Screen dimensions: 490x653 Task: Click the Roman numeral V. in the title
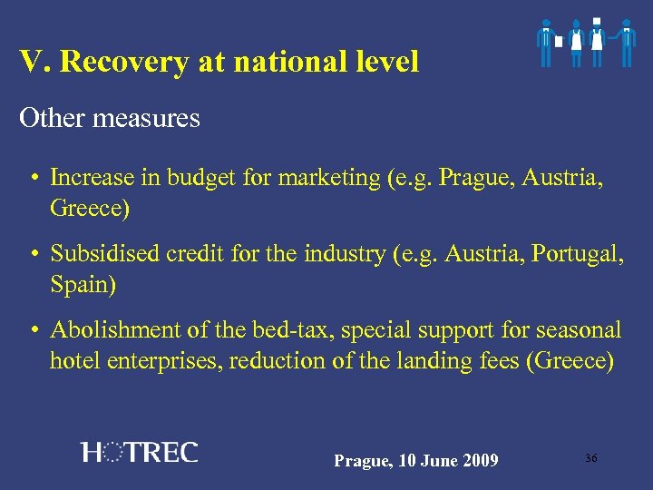pos(33,62)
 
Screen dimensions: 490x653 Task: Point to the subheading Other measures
pos(110,118)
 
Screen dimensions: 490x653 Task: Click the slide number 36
pos(590,458)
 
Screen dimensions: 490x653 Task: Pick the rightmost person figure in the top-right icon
pos(625,42)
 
